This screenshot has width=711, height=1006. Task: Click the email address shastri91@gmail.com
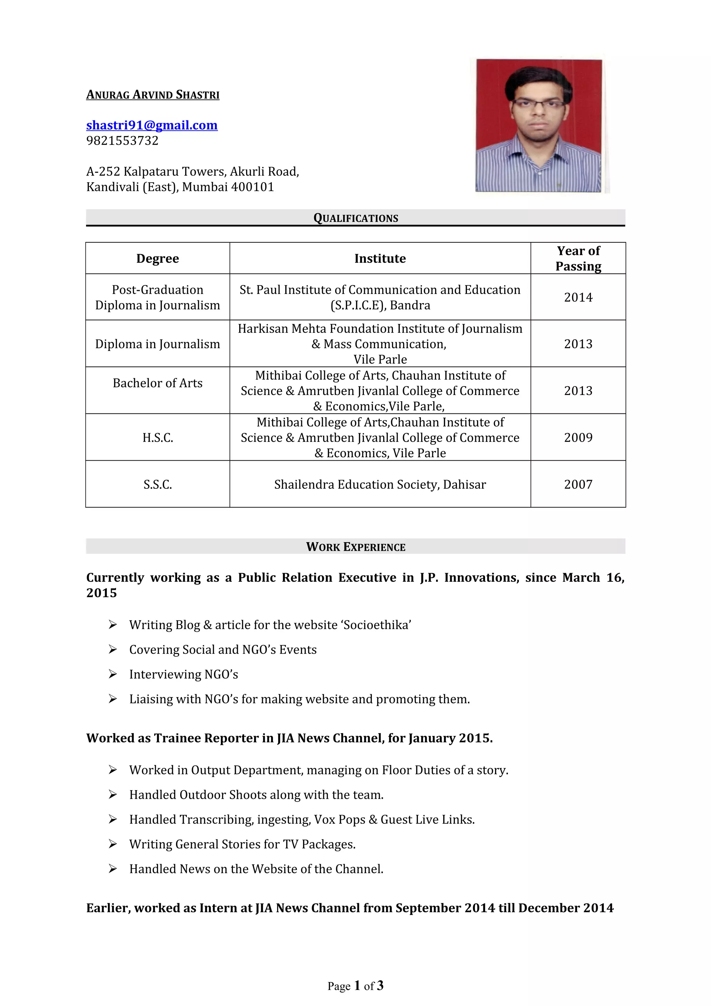[152, 125]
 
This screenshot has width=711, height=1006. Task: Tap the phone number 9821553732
[122, 141]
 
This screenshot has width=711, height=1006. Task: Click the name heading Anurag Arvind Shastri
[152, 95]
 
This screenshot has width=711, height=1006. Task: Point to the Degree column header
[157, 259]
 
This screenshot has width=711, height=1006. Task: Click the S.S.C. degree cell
[157, 484]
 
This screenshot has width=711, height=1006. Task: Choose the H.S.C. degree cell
[157, 437]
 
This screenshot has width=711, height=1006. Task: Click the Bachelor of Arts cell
[157, 383]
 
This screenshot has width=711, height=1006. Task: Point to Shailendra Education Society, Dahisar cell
[380, 484]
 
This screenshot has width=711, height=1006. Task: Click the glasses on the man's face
[538, 104]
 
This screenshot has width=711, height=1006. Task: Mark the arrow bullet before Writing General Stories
[112, 844]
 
